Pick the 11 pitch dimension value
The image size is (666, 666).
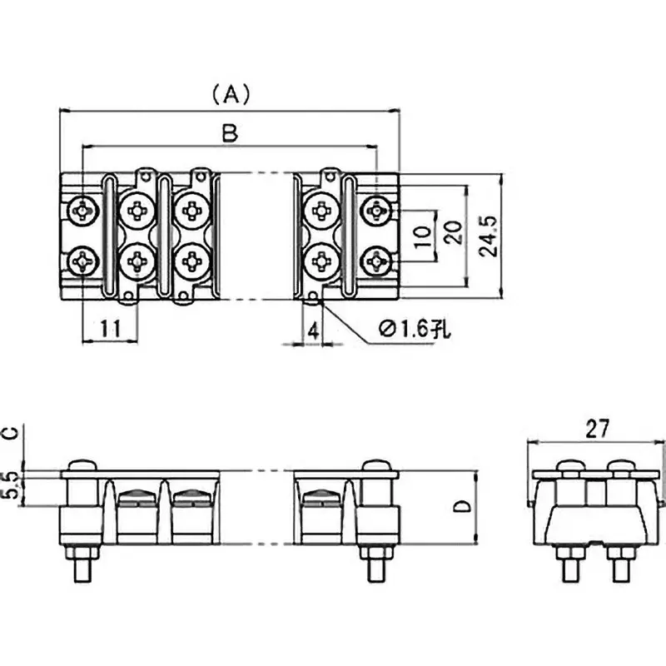coord(109,329)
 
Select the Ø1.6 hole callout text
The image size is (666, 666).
coord(413,330)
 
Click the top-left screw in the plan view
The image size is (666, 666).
coord(83,211)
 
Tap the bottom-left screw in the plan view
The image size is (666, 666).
coord(83,262)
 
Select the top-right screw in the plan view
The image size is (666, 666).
coord(377,211)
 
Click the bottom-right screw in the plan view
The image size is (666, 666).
coord(377,262)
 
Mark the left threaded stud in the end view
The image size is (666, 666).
coord(572,568)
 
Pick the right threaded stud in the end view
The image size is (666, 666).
coord(620,568)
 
